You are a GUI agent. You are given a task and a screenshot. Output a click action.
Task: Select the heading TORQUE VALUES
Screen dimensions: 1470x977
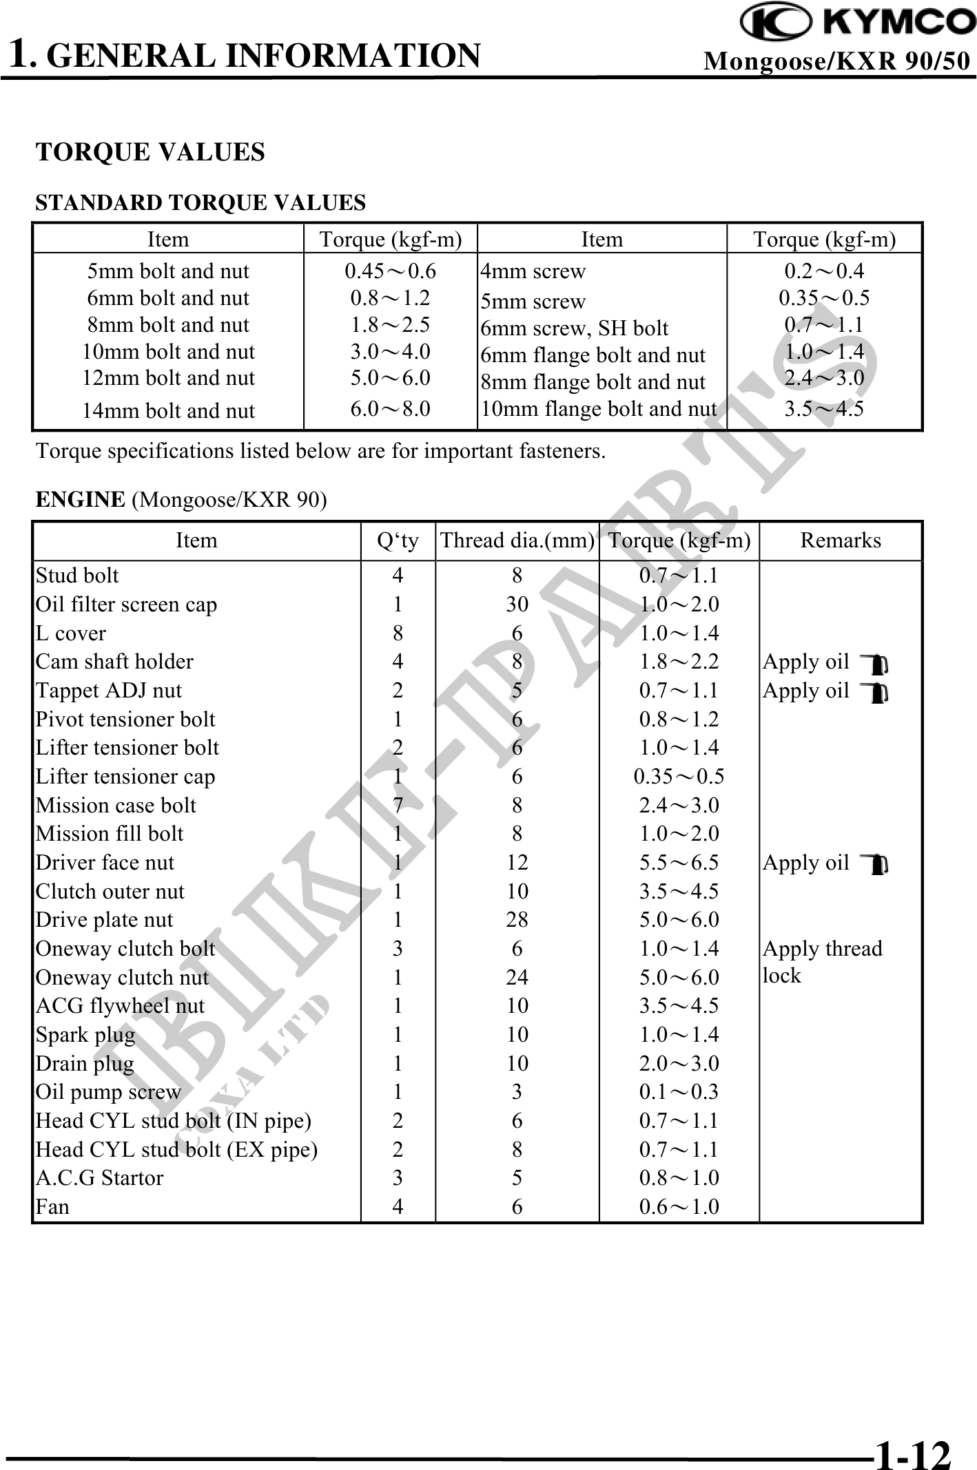point(150,152)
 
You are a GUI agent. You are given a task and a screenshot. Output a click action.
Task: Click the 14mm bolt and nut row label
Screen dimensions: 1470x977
point(168,411)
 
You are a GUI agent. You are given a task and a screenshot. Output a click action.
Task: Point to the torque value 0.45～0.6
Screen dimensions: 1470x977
point(390,271)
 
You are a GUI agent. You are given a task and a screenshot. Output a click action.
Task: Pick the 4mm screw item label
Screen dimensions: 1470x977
point(533,271)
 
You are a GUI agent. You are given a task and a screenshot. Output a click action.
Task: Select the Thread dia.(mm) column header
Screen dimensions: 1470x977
point(517,540)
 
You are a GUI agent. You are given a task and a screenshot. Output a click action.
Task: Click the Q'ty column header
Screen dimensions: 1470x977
point(398,541)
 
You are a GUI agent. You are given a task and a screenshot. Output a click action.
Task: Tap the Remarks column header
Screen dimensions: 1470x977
point(840,540)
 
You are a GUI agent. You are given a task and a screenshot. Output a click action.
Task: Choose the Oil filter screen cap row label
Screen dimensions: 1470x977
point(126,605)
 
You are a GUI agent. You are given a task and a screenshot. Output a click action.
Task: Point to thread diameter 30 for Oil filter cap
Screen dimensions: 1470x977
point(517,605)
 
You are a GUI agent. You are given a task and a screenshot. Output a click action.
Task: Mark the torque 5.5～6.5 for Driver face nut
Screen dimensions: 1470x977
point(679,863)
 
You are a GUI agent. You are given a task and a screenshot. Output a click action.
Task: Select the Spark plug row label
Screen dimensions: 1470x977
point(85,1035)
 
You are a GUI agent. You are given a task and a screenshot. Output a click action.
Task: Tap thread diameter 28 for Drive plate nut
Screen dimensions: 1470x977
point(517,920)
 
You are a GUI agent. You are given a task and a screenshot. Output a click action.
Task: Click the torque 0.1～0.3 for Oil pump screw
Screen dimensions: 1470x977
point(679,1092)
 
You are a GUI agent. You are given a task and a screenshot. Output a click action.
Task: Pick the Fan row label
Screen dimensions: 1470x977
point(53,1207)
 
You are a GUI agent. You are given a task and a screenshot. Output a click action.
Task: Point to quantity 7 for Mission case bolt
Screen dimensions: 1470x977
point(398,806)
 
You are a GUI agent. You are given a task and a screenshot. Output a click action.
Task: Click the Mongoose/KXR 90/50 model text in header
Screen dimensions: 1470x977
point(836,62)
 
